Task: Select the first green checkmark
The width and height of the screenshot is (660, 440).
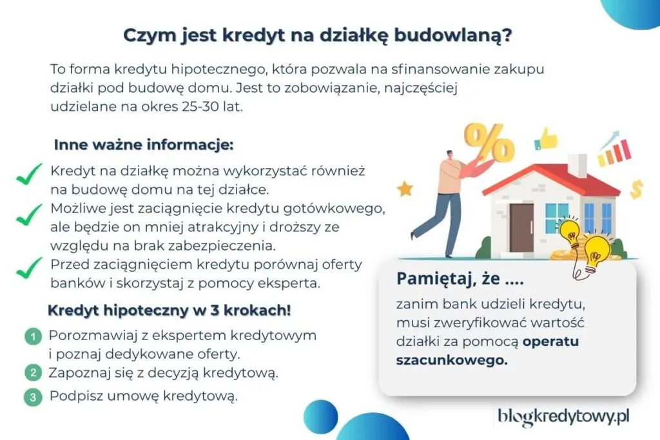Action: (x=28, y=175)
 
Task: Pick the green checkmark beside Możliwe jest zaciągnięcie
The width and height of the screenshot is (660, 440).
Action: (x=28, y=217)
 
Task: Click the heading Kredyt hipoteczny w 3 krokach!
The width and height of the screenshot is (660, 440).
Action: (x=170, y=311)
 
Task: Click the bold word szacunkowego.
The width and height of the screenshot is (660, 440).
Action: (x=451, y=361)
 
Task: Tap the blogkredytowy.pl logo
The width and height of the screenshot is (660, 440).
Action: (x=563, y=417)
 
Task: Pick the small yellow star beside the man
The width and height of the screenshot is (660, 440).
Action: (x=405, y=189)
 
